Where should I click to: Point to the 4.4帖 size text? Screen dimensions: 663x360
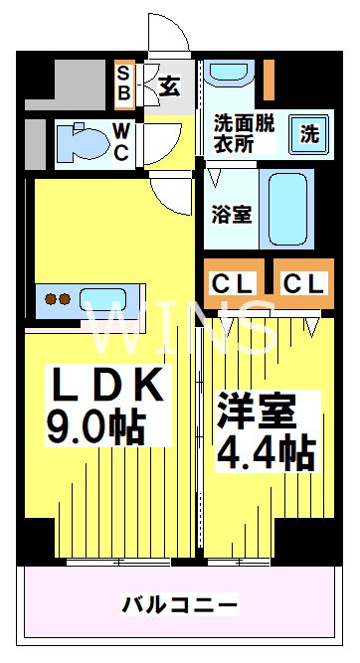pyautogui.click(x=266, y=452)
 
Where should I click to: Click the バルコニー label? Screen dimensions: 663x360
pyautogui.click(x=180, y=603)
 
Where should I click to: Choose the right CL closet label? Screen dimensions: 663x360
pyautogui.click(x=303, y=283)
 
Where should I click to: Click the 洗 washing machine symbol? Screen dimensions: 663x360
pyautogui.click(x=309, y=132)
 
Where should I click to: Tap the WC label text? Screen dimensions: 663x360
pyautogui.click(x=119, y=141)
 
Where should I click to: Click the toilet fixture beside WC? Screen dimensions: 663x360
pyautogui.click(x=80, y=141)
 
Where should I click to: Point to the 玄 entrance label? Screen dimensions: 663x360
pyautogui.click(x=169, y=85)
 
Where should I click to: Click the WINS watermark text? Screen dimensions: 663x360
pyautogui.click(x=180, y=328)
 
